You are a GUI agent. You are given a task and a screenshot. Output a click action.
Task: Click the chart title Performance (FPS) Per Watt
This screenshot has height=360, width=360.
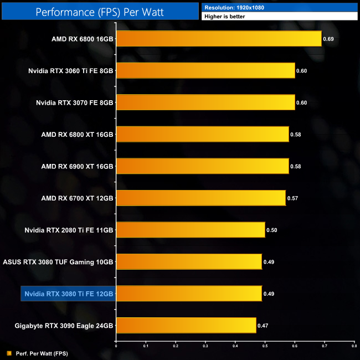(x=100, y=11)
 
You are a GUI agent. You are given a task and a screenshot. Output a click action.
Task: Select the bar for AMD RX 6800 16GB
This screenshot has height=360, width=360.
(x=219, y=39)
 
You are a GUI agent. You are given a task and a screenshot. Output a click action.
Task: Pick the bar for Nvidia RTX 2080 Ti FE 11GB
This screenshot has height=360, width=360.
(x=191, y=229)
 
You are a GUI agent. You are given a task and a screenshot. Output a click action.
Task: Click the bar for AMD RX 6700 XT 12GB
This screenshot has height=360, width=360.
(x=200, y=198)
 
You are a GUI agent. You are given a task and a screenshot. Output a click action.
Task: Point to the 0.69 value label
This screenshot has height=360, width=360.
(x=328, y=39)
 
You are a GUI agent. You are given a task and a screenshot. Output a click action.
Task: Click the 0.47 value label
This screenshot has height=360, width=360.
(x=263, y=326)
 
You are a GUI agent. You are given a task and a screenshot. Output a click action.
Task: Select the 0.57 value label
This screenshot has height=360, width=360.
(x=292, y=198)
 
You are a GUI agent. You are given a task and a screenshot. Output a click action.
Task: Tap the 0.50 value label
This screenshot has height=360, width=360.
(x=272, y=230)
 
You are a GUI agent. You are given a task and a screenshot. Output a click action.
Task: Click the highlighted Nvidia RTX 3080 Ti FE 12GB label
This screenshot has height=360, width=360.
(x=67, y=294)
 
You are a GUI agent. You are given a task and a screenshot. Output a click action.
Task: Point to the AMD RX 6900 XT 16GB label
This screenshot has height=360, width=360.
(x=77, y=166)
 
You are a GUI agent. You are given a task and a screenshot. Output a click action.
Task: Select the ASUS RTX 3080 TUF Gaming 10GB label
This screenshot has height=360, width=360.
(x=58, y=261)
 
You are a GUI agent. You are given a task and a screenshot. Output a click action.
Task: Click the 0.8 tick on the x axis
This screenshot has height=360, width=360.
(x=353, y=346)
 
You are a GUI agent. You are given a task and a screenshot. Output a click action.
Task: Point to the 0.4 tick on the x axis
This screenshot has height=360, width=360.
(x=235, y=346)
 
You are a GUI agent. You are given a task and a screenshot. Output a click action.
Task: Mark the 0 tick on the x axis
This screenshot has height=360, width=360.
(x=116, y=346)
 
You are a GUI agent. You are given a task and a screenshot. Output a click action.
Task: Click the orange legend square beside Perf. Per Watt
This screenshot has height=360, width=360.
(x=8, y=353)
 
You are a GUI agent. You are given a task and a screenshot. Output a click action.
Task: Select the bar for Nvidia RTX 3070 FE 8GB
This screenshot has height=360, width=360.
(x=205, y=102)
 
